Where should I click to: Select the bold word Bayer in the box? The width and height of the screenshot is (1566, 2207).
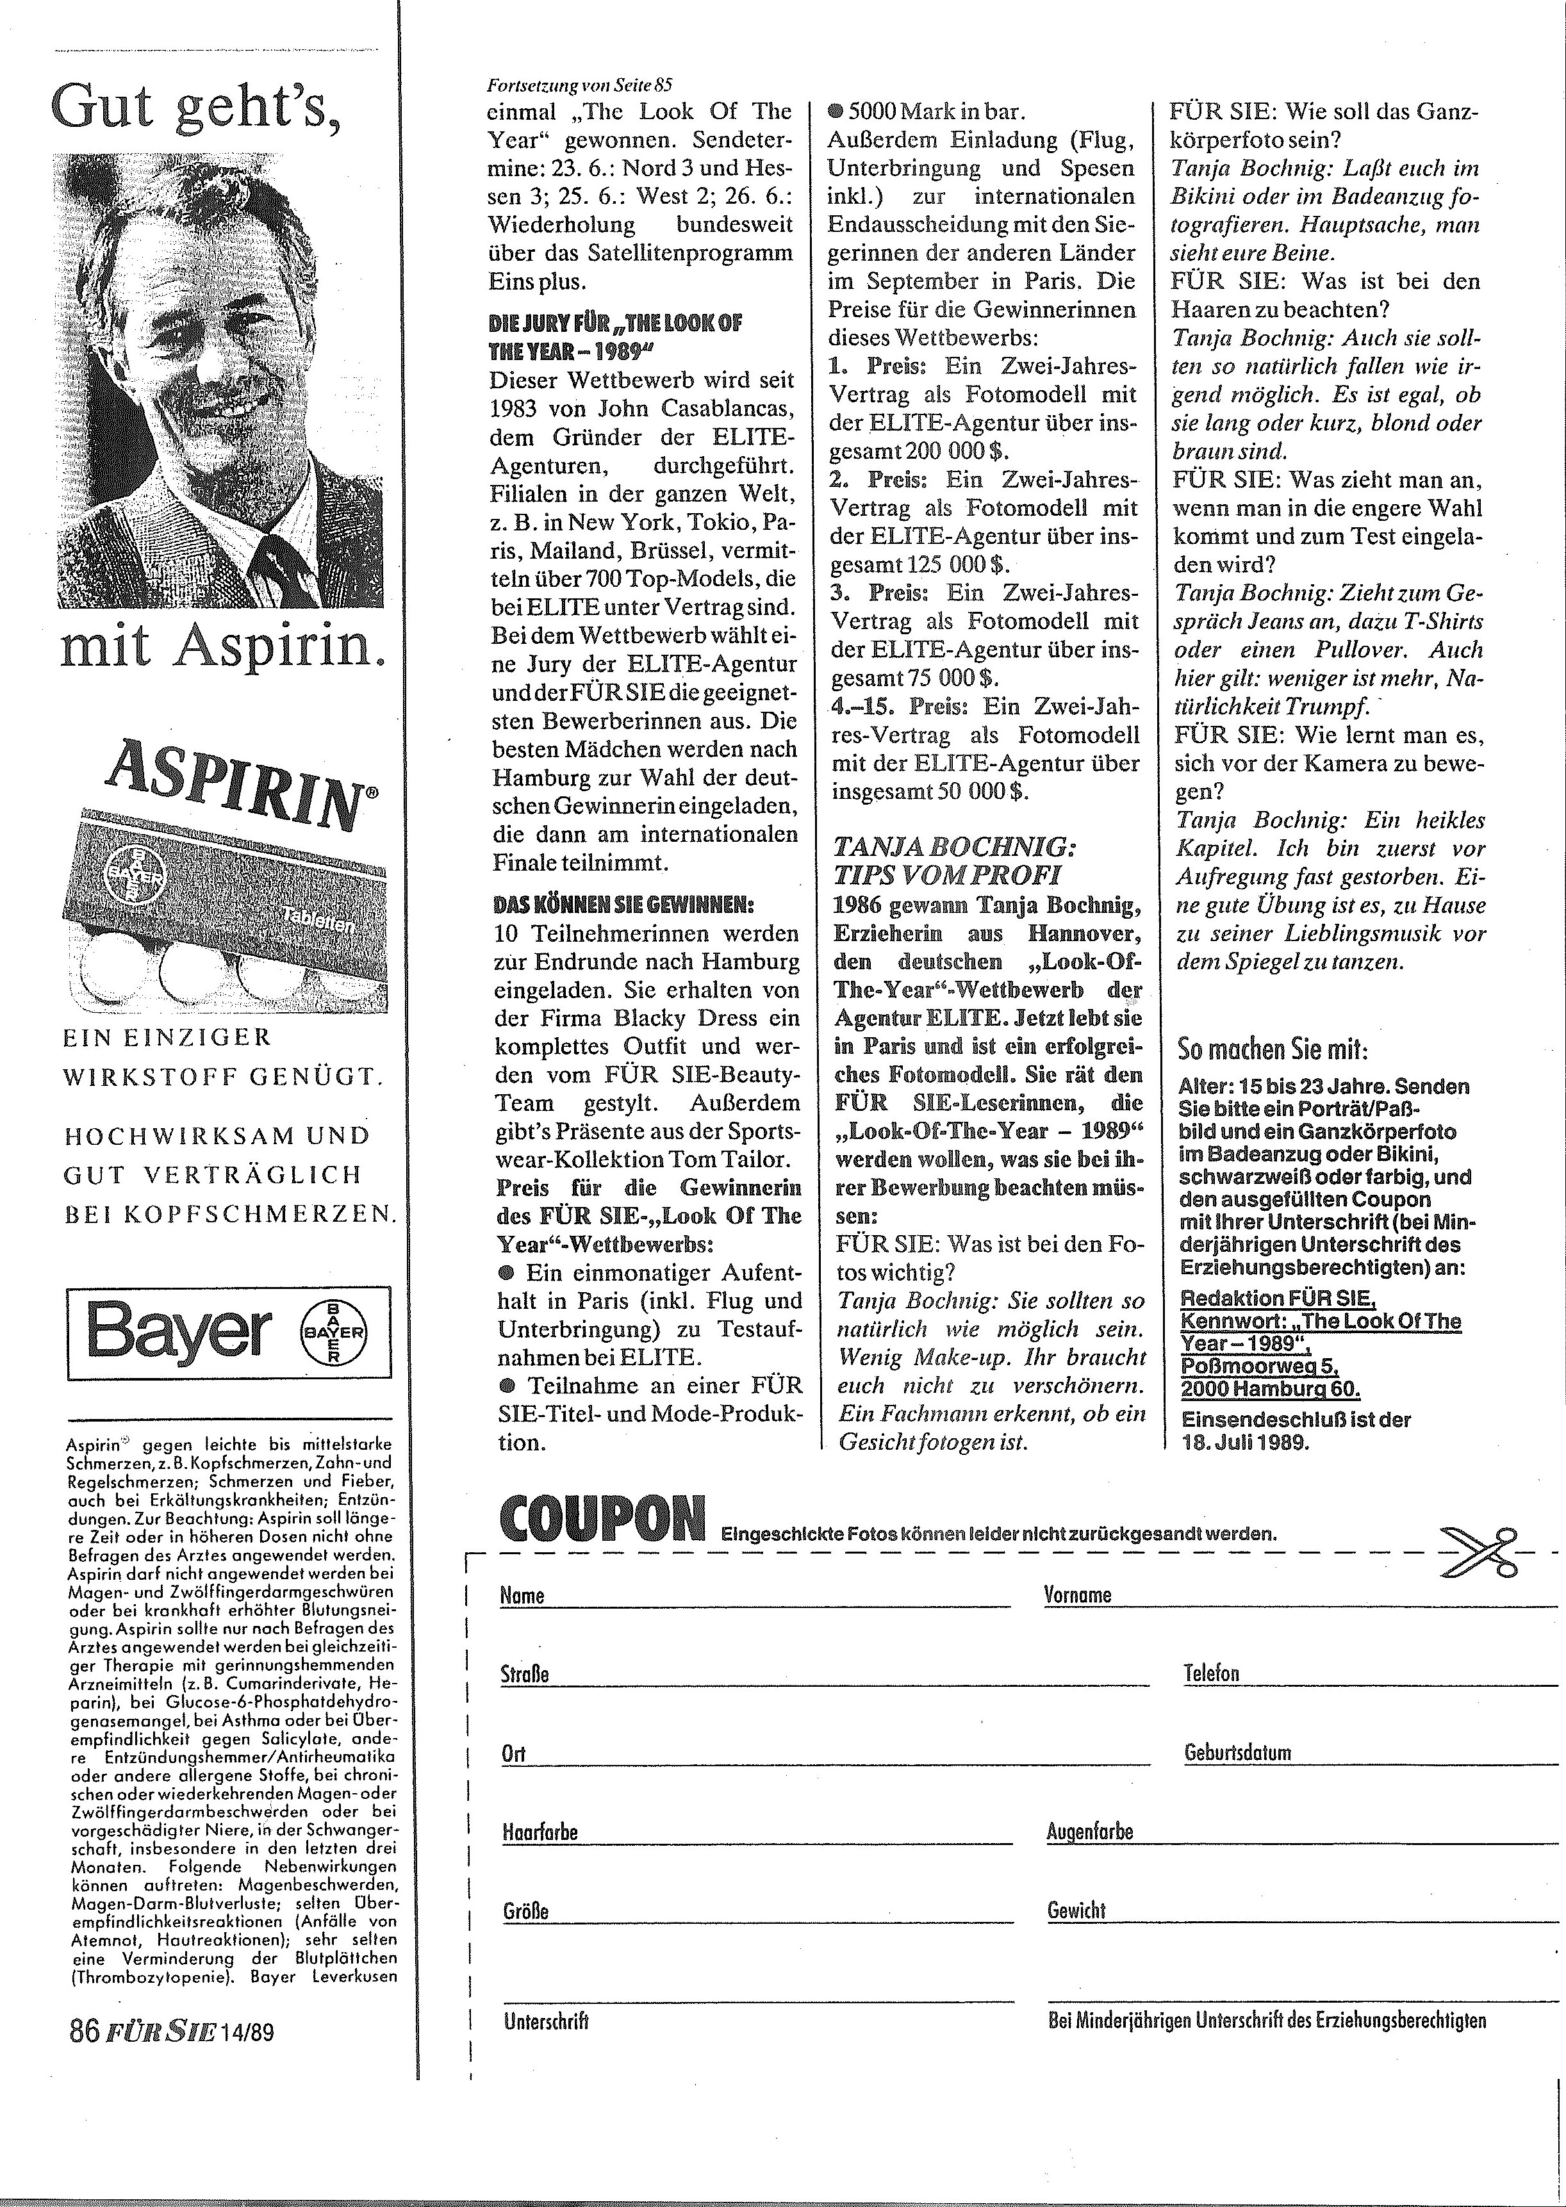179,1333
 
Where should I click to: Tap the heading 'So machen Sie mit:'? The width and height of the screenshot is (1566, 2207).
1273,1049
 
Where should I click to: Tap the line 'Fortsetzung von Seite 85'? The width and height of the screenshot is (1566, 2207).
581,84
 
